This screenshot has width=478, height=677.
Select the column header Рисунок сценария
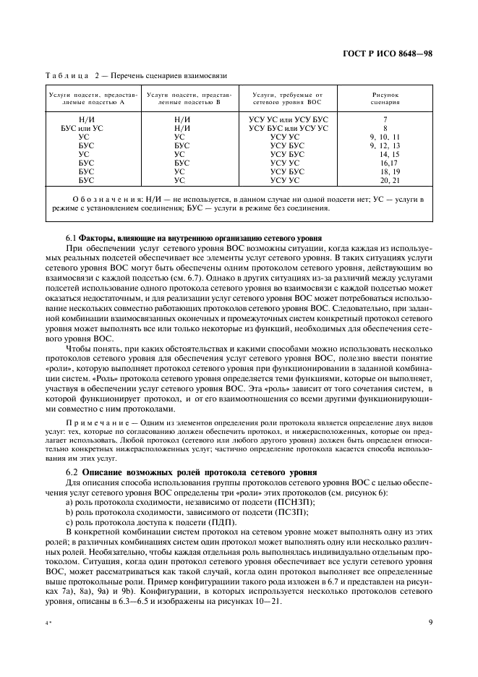click(x=385, y=98)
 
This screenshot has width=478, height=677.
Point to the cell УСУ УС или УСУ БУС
click(x=289, y=119)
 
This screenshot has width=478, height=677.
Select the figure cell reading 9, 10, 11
click(x=384, y=137)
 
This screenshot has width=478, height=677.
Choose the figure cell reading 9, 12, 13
click(x=384, y=145)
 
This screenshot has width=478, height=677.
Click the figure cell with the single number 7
click(x=385, y=119)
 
